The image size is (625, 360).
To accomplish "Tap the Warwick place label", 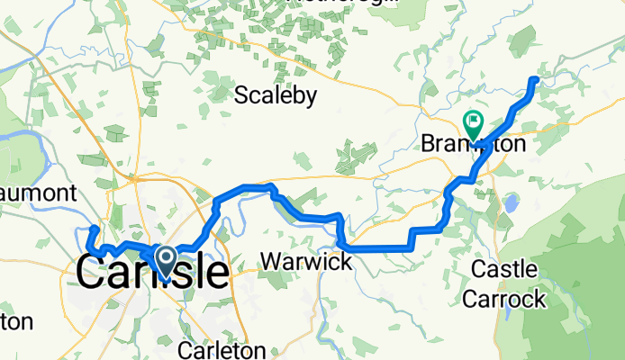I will coord(306,262).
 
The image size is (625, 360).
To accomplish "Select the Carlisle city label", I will coord(151,271).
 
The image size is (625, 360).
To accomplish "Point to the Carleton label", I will coord(222,349).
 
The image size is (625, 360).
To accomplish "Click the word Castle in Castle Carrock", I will coord(505,269).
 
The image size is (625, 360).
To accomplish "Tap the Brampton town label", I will coord(473,143).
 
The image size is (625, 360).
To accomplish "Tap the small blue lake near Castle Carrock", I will coord(511,204).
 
